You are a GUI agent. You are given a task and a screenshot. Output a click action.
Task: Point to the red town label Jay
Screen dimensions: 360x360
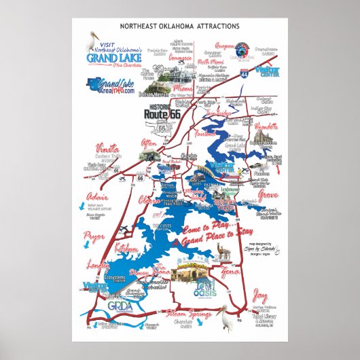point(259,295)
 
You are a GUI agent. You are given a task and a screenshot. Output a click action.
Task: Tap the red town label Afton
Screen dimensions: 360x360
point(148,141)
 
